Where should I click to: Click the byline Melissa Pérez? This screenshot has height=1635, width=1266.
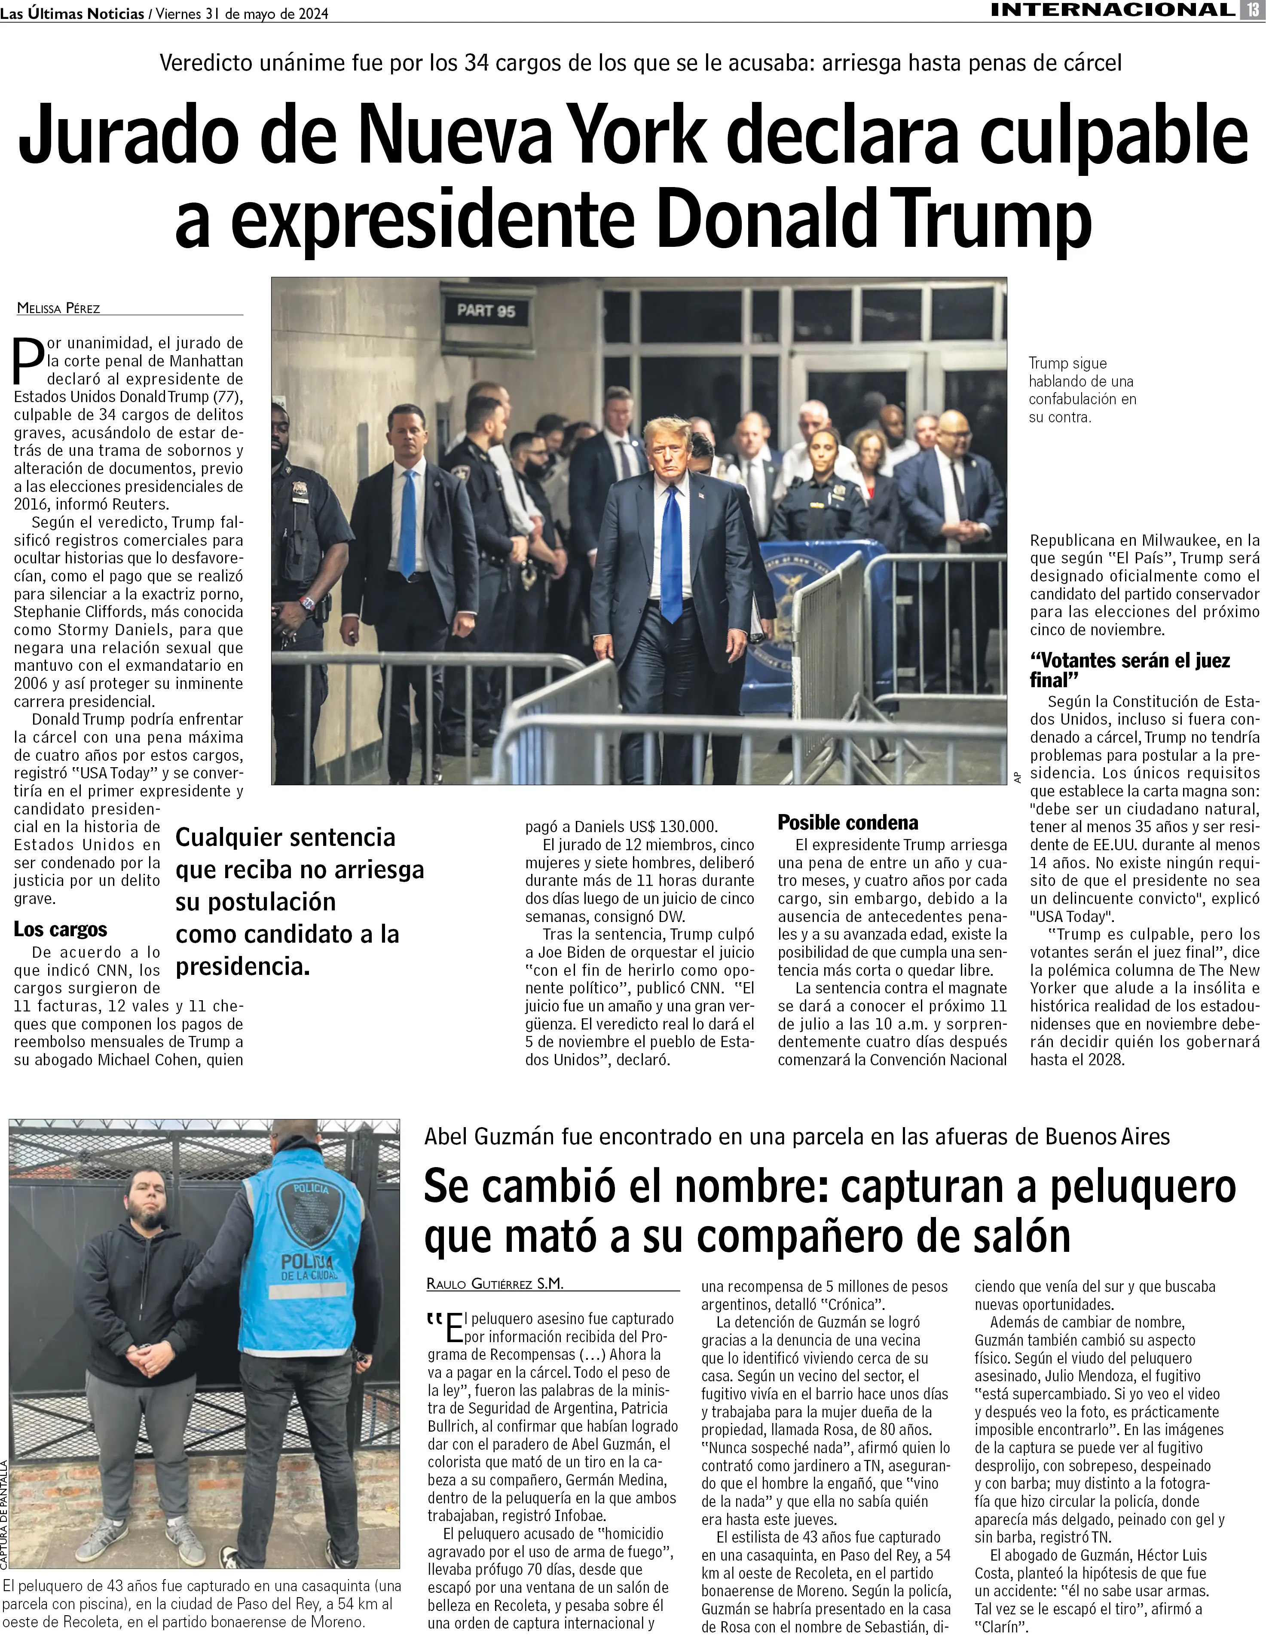pos(58,307)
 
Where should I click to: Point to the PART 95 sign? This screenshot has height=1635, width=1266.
pos(486,310)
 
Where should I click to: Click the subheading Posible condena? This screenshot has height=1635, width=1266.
pos(848,822)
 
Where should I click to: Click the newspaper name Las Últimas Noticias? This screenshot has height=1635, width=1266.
pos(72,13)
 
